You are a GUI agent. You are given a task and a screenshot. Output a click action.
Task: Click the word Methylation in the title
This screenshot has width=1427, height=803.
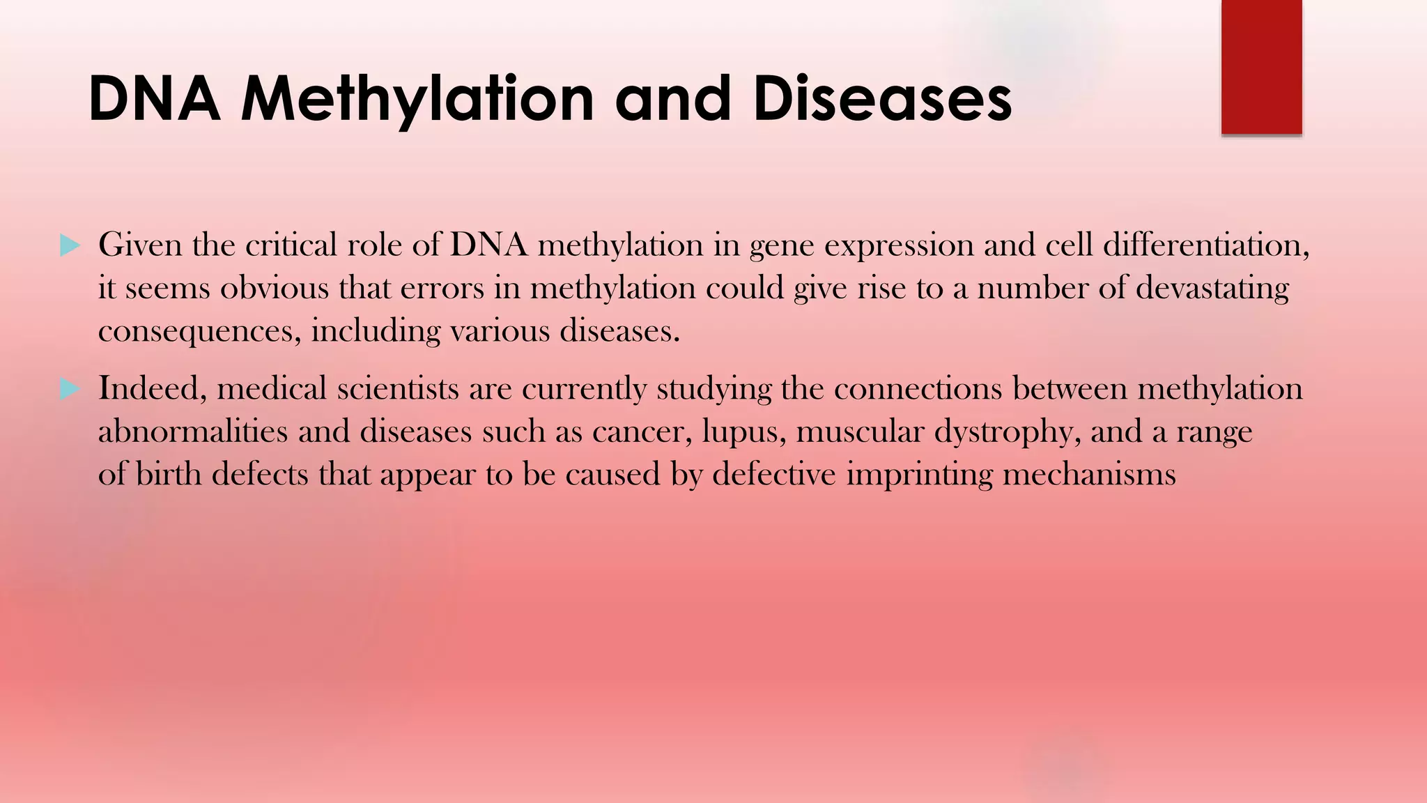coord(417,100)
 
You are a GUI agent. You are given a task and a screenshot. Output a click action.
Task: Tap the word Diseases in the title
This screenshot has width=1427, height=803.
coord(882,100)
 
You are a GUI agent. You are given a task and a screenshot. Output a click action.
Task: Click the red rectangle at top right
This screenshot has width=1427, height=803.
coord(1261,67)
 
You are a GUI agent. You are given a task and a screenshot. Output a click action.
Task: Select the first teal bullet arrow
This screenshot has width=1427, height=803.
coord(70,245)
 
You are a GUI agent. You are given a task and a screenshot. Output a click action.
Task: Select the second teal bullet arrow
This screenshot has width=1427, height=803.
coord(70,389)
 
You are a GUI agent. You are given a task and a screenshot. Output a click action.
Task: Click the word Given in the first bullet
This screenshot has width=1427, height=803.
coord(139,245)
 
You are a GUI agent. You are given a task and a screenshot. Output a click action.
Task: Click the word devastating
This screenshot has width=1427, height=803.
coord(1212,289)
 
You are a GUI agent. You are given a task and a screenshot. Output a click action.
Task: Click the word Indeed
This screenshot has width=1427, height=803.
coord(153,389)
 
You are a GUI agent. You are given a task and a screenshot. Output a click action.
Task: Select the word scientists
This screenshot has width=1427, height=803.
coord(398,389)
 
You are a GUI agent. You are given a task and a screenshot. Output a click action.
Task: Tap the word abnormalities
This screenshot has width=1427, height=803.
coord(192,432)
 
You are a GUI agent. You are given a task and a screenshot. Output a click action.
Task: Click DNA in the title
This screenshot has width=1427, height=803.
coord(154,100)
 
